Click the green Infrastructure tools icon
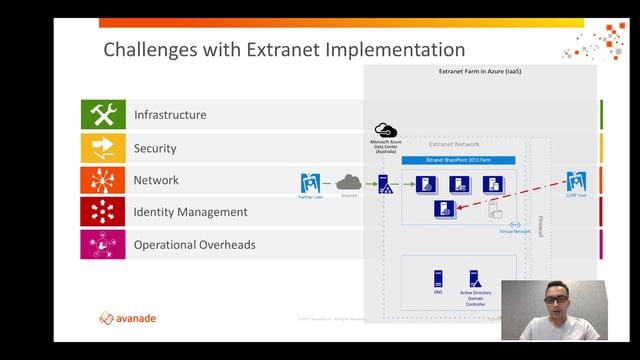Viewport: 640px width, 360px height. pos(103,115)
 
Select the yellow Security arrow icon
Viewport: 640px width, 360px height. pos(103,148)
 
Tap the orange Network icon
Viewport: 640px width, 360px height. pos(103,180)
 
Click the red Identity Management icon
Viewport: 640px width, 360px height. pos(103,212)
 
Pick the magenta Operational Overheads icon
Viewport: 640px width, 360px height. pos(103,245)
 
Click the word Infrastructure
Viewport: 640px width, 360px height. pos(170,115)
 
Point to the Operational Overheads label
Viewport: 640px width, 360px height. pos(194,245)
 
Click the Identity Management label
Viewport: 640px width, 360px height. pos(189,212)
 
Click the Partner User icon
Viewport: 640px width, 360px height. pos(310,183)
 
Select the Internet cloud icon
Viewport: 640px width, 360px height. pos(348,182)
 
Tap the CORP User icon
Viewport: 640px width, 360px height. pos(576,182)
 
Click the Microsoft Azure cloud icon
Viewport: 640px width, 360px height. pos(385,130)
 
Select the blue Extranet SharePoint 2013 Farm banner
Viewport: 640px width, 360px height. pos(458,159)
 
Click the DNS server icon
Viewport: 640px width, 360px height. pos(438,279)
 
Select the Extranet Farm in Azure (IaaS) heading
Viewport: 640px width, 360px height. pos(479,72)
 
